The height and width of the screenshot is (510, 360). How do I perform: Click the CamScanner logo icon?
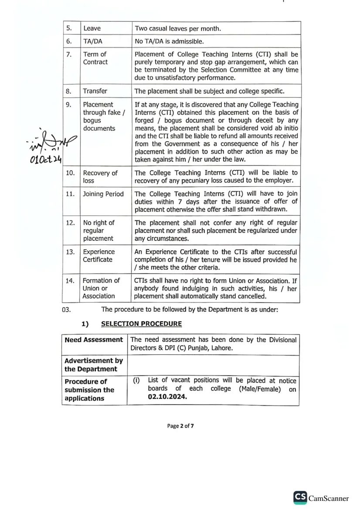(300, 497)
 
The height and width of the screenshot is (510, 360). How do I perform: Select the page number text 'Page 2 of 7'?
(180, 426)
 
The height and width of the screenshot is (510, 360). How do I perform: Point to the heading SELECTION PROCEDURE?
(141, 324)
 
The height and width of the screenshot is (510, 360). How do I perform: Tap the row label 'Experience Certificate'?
(98, 255)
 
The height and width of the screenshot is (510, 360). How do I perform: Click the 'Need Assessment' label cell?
(94, 340)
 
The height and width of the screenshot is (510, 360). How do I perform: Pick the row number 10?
(70, 173)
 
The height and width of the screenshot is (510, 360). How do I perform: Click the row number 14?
(70, 281)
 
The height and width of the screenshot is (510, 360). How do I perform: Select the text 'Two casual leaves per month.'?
(178, 28)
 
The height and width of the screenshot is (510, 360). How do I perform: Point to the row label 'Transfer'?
(95, 91)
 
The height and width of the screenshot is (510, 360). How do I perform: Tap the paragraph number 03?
(66, 310)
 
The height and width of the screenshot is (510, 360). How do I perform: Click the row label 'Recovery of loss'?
(100, 177)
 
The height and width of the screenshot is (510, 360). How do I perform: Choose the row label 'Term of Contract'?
(95, 58)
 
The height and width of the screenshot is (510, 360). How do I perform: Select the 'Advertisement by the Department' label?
(93, 365)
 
